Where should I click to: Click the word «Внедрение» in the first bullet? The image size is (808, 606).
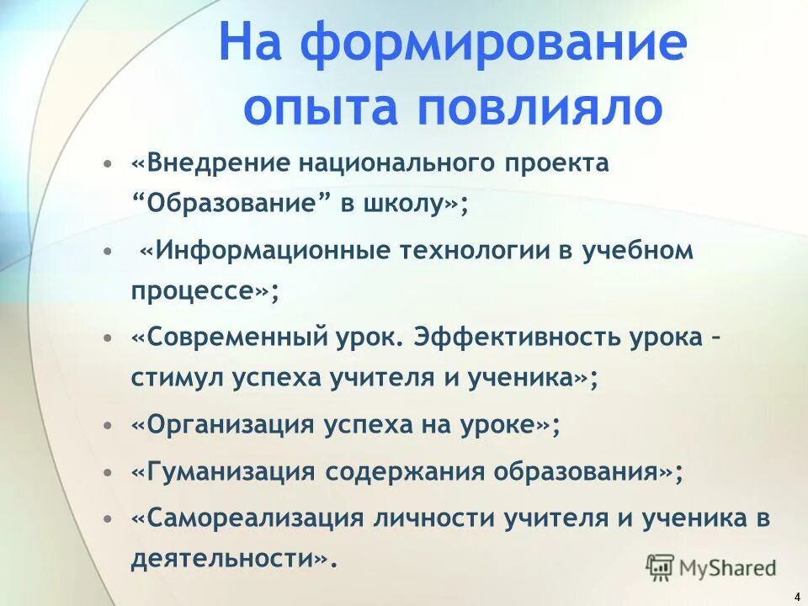(210, 162)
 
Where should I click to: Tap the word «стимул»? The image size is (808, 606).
(173, 379)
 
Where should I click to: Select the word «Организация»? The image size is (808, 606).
(224, 426)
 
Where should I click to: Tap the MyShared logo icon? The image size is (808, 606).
(661, 566)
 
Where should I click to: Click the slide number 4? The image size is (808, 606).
(796, 596)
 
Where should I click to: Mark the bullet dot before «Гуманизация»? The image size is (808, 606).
(107, 472)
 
